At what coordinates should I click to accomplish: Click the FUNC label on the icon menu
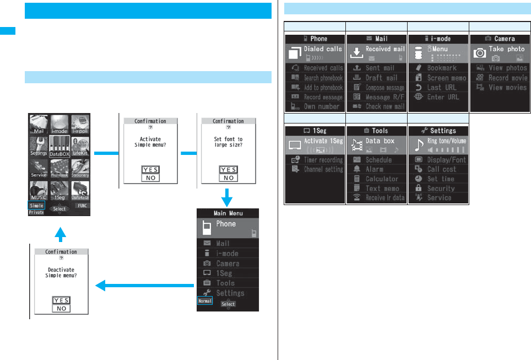81,206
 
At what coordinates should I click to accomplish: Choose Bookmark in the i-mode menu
442,68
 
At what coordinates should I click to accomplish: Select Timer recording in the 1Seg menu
323,160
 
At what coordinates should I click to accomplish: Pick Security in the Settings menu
441,188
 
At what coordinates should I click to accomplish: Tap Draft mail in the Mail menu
381,78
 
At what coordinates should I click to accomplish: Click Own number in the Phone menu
322,106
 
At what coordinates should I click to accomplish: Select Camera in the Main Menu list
227,264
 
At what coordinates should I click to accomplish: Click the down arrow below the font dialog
228,196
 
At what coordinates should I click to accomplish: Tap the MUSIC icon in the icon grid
39,189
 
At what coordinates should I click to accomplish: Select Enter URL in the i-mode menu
443,97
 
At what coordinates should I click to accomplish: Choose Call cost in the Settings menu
442,169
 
